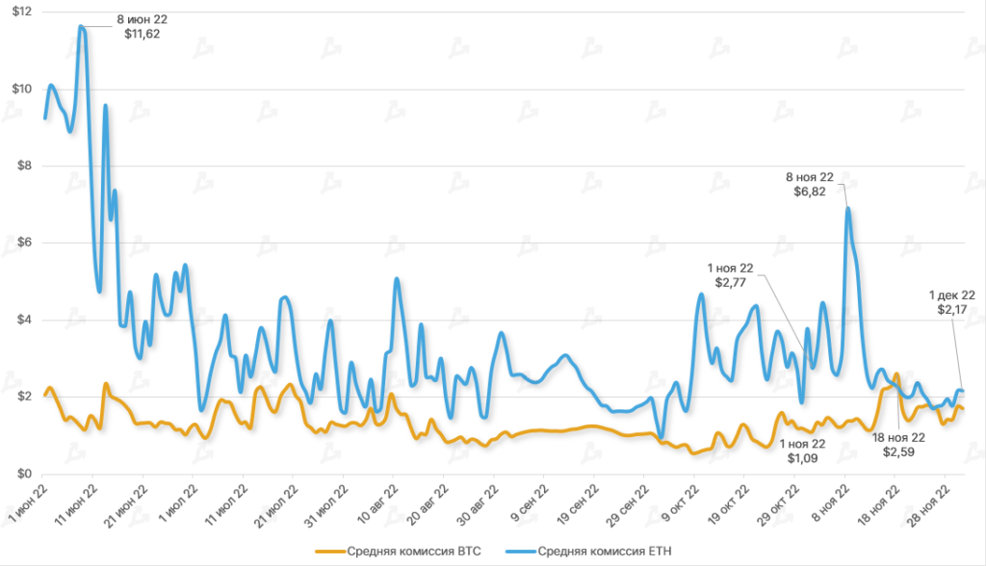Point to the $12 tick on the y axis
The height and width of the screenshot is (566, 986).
pos(20,12)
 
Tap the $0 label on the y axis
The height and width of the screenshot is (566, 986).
pos(23,474)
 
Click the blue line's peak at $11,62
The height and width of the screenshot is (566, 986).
pos(83,27)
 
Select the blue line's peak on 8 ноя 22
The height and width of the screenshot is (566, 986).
pos(847,208)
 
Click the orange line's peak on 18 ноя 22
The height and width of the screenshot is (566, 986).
pos(896,373)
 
